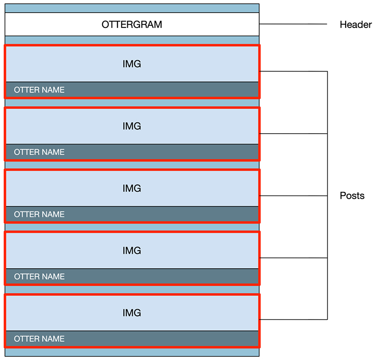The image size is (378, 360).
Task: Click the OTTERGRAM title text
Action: click(132, 24)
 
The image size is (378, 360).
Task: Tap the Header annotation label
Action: click(355, 25)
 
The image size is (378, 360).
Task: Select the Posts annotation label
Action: click(352, 196)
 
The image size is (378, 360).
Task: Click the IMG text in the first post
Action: click(132, 64)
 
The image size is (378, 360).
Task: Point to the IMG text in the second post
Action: click(132, 126)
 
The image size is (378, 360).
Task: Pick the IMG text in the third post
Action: click(132, 189)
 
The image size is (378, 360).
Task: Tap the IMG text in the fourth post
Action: click(132, 250)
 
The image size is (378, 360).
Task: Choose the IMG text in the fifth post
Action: click(132, 312)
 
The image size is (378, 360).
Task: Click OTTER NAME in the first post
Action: click(39, 90)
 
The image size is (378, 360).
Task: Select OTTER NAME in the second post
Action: click(39, 152)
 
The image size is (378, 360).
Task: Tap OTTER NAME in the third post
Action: click(39, 214)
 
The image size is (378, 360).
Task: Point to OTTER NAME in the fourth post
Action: click(39, 276)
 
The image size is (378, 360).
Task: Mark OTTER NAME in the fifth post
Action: click(39, 338)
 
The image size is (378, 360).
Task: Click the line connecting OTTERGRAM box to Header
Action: click(292, 24)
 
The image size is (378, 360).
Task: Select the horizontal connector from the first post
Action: click(292, 71)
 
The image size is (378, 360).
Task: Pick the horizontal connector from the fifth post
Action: click(292, 319)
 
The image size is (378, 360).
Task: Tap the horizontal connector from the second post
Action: click(292, 134)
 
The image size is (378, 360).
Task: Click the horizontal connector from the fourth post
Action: click(292, 258)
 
